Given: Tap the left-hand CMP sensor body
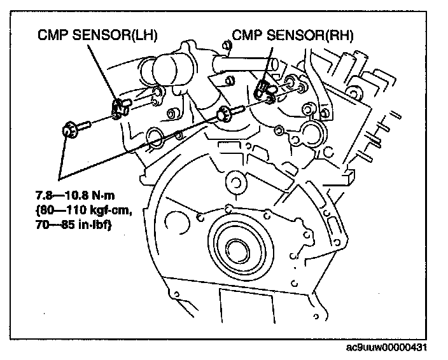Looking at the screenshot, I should pyautogui.click(x=119, y=107).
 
